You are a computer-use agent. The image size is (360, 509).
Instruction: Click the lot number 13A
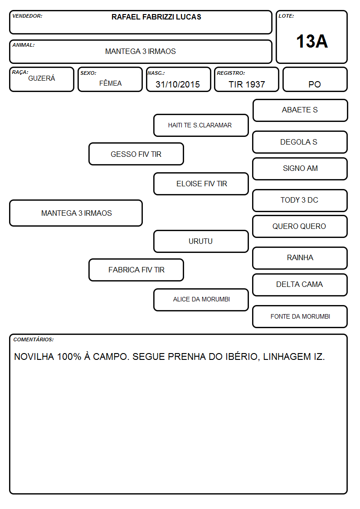tap(312, 41)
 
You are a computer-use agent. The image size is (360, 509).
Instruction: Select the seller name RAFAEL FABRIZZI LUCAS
tap(156, 17)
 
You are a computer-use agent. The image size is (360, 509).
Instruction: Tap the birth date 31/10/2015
tap(178, 84)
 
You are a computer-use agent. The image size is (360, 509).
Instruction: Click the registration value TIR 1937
tap(247, 84)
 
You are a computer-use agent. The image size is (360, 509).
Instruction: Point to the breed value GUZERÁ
tap(42, 78)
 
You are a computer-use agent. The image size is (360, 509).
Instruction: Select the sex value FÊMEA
tap(110, 83)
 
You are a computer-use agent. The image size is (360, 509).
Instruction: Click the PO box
tap(315, 79)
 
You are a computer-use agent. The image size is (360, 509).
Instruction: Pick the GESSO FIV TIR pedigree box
tap(136, 154)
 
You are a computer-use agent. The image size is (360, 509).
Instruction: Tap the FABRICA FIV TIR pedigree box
tap(136, 270)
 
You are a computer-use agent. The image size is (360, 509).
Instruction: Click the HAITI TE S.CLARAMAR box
tap(201, 125)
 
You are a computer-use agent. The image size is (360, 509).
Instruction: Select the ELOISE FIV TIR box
tap(201, 184)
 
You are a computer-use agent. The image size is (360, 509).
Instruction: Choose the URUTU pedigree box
tap(201, 241)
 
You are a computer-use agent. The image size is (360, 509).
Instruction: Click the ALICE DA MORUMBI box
tap(201, 300)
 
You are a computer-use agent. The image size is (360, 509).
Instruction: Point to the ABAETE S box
tap(300, 111)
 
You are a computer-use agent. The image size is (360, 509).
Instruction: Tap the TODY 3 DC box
tap(300, 200)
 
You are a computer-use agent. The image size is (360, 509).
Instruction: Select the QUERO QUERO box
tap(300, 226)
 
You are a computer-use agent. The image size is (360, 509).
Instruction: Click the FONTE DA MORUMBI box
tap(300, 316)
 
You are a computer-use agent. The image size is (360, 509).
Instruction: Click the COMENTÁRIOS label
tap(34, 339)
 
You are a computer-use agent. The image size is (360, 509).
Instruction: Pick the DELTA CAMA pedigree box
tap(300, 285)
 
